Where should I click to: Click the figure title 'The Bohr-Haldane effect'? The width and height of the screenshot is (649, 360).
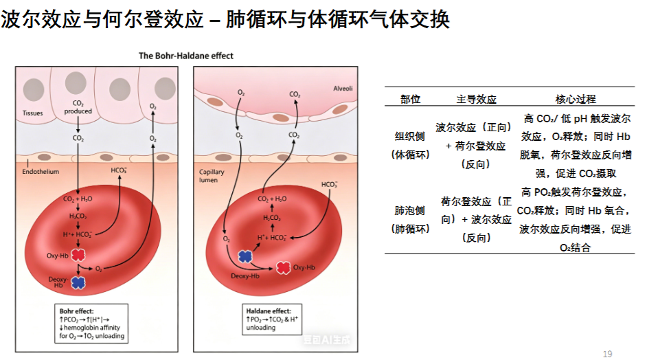point(186,56)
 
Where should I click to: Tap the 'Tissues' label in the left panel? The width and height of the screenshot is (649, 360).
point(33,113)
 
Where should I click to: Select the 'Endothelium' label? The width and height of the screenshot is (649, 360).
point(41,172)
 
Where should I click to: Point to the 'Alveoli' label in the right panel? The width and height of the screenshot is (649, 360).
point(343,88)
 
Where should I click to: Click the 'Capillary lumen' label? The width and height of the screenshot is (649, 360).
point(212,176)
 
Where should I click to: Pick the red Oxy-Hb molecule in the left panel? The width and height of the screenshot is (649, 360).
point(78,255)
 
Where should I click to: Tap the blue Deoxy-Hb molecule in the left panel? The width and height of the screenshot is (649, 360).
point(78,282)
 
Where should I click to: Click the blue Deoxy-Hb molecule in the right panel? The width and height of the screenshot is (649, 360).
point(245,257)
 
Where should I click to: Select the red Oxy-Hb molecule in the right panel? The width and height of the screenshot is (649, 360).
point(283,268)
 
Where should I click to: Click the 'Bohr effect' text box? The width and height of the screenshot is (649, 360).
point(91,324)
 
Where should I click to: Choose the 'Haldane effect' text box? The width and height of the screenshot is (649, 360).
point(272,319)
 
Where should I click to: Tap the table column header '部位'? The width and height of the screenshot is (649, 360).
point(410,99)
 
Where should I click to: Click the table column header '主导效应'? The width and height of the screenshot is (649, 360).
point(477,99)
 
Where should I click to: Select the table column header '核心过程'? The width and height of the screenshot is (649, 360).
point(576,99)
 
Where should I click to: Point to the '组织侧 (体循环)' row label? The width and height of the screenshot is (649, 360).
point(410,146)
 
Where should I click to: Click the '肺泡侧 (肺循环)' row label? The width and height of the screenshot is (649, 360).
point(410,220)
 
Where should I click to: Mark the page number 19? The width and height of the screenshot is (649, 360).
point(607,354)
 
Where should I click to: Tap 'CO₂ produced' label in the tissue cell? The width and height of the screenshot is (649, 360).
point(78,107)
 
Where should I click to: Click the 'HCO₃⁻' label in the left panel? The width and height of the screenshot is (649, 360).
point(119,170)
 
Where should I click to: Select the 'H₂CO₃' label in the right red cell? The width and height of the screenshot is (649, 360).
point(272,218)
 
